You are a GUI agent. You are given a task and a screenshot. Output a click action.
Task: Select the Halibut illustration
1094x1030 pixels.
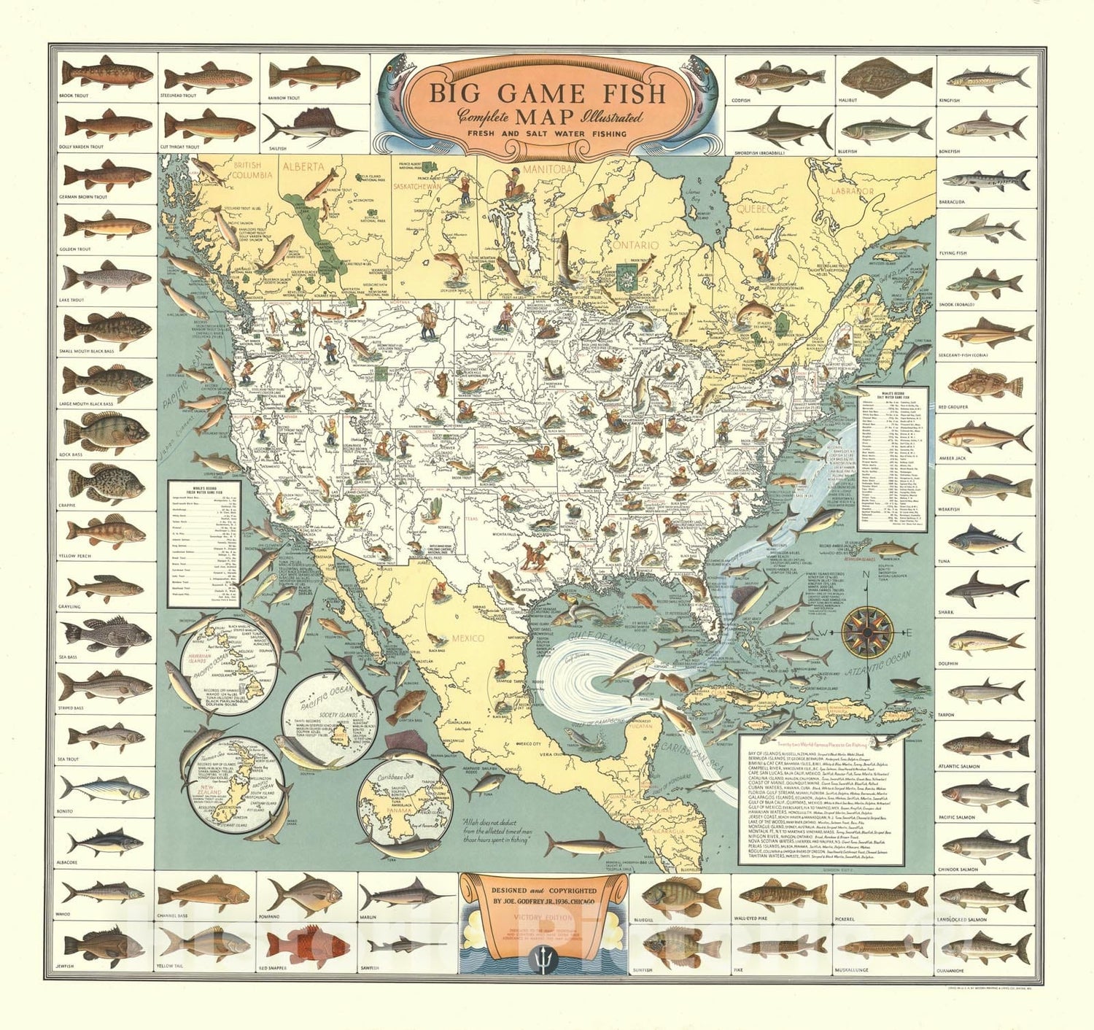886,75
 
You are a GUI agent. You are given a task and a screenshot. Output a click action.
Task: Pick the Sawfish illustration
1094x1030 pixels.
406,946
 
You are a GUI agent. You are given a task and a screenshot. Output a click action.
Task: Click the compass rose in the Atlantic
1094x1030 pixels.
868,631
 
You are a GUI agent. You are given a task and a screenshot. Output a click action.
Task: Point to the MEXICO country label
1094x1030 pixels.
468,638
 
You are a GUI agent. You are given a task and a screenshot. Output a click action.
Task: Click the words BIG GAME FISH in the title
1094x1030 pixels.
546,93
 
